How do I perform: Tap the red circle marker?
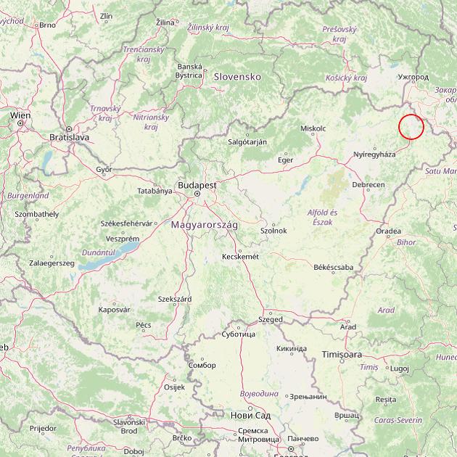(411, 126)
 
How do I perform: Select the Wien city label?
(20, 115)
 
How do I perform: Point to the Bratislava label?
(69, 136)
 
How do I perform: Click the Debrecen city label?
(369, 185)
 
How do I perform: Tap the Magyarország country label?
(205, 225)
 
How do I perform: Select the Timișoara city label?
(342, 355)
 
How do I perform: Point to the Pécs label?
(144, 325)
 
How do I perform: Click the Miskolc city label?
(313, 128)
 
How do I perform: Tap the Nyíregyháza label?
(374, 155)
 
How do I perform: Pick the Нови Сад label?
(250, 415)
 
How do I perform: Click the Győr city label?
(104, 169)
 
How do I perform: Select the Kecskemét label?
(240, 256)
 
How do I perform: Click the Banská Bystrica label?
(189, 70)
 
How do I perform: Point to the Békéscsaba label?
(334, 267)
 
